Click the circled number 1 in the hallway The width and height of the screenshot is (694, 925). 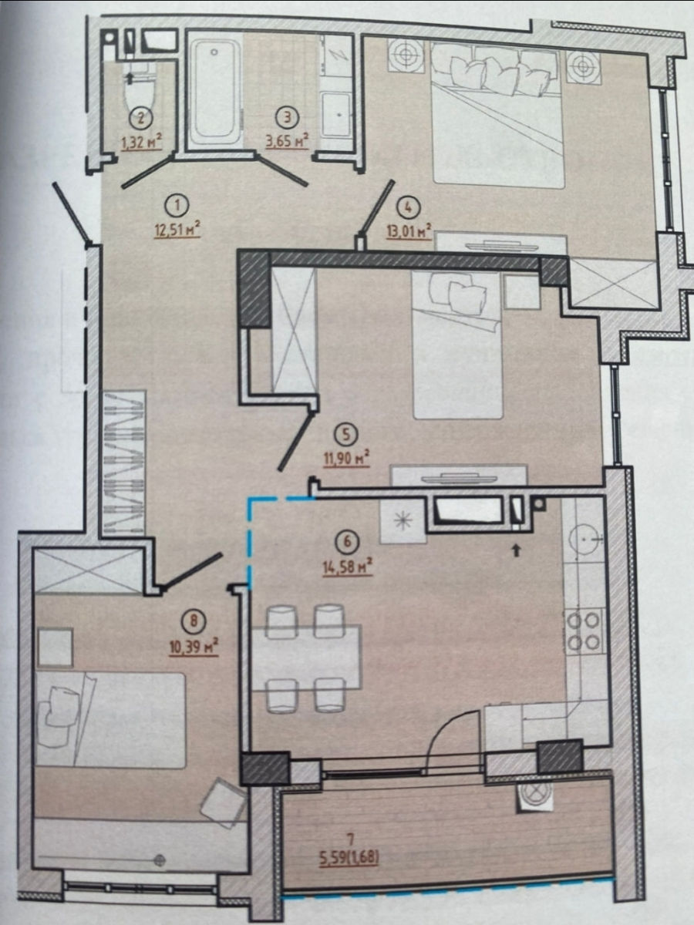[x=177, y=206]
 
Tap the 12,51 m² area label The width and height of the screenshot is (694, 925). [x=177, y=230]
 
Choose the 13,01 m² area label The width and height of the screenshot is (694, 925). [x=409, y=231]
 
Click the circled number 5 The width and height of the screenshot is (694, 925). [x=346, y=435]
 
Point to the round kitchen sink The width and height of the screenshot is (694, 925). [x=584, y=540]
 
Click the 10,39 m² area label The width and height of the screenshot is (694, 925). [x=194, y=658]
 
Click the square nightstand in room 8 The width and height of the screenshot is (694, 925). [x=56, y=647]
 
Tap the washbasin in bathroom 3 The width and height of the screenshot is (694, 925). [x=336, y=114]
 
